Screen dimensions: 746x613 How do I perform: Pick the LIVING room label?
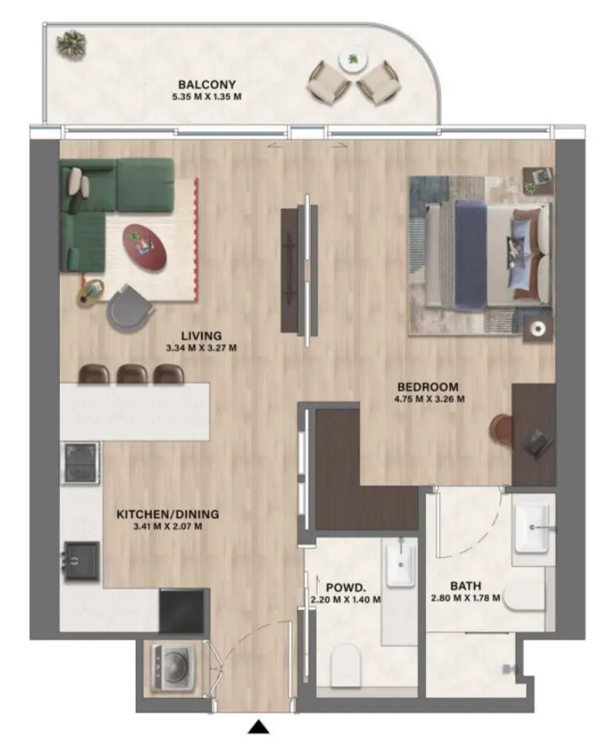[201, 336]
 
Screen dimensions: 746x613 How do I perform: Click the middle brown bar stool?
[132, 373]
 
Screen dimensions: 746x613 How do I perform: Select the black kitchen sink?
[81, 560]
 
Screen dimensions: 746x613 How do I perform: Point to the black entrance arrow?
[260, 728]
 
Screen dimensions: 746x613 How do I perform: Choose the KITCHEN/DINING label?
[159, 514]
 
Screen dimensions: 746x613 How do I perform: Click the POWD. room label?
[346, 586]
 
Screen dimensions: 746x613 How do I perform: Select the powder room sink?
[400, 562]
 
